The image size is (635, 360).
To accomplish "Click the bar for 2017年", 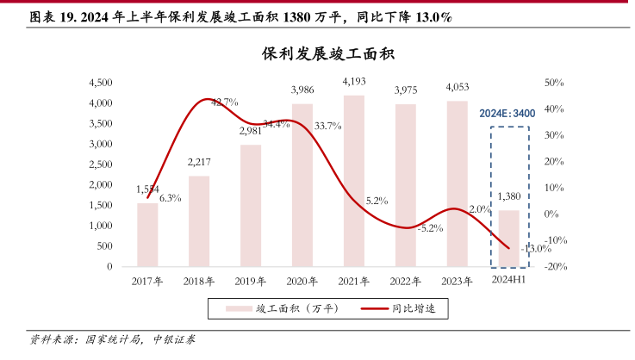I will (x=147, y=234).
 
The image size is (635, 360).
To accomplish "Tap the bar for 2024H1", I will (x=509, y=238).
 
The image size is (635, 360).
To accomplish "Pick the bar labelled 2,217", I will (x=199, y=221).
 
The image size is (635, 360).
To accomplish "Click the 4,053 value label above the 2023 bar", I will (x=458, y=87).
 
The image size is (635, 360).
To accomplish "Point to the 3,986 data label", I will (x=302, y=90).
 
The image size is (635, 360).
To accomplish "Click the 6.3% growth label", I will (x=170, y=198).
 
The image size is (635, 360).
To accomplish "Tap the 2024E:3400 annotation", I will (x=508, y=114).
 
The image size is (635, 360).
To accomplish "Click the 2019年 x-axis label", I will (x=250, y=282).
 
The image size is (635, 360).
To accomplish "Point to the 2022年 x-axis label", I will (x=405, y=282).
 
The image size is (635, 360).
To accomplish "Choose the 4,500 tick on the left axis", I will (x=102, y=83).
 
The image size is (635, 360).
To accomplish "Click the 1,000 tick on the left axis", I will (x=102, y=226).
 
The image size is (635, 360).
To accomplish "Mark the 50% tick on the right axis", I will (x=555, y=83).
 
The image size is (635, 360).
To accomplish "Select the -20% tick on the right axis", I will (x=554, y=267).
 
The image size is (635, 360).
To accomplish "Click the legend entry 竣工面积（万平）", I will (x=283, y=308).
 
